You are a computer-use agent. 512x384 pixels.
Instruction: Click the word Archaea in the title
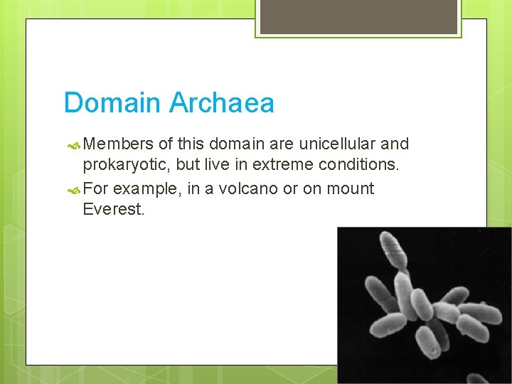(x=221, y=103)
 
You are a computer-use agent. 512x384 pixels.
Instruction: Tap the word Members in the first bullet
(x=117, y=144)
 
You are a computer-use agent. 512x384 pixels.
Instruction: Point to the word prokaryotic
(x=124, y=166)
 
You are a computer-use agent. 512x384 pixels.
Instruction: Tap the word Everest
(x=114, y=210)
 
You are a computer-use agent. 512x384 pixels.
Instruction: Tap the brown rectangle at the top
(x=358, y=16)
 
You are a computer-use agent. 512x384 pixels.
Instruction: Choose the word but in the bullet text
(x=182, y=166)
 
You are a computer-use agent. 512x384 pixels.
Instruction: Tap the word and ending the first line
(x=395, y=144)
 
